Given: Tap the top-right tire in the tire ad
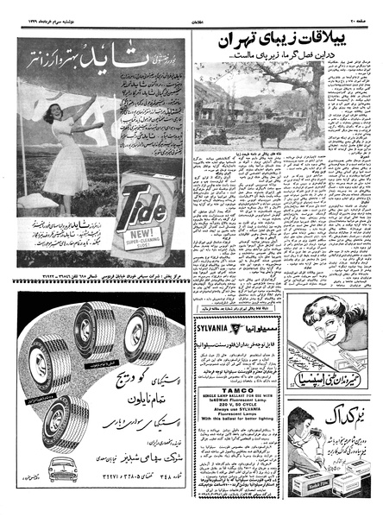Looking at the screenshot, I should click(x=142, y=331).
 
